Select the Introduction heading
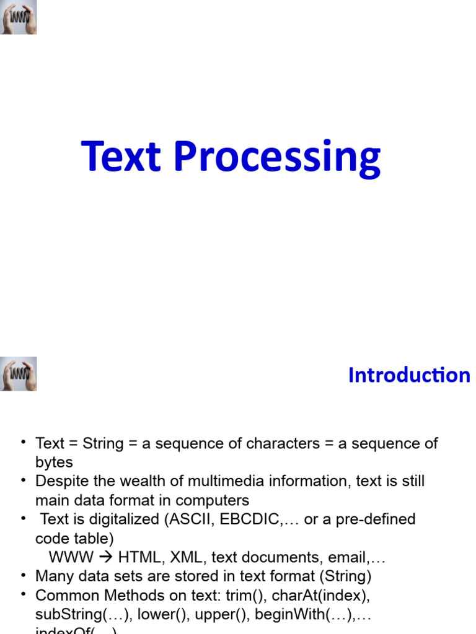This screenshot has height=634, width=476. pyautogui.click(x=409, y=375)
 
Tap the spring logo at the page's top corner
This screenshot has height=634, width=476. pyautogui.click(x=19, y=17)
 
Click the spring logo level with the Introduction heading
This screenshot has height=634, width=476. pyautogui.click(x=19, y=374)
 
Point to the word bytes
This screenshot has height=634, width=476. pyautogui.click(x=54, y=462)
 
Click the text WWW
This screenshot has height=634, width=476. pyautogui.click(x=70, y=558)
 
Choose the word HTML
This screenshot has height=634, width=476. pyautogui.click(x=137, y=558)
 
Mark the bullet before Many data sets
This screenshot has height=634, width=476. pyautogui.click(x=24, y=576)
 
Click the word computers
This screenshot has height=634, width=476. pyautogui.click(x=213, y=500)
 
